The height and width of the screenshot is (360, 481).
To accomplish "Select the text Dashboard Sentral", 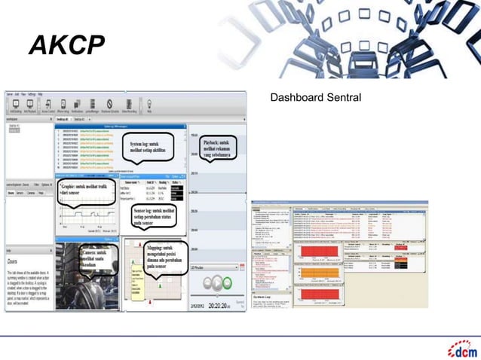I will [316, 99].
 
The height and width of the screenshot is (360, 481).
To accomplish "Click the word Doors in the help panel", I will [14, 257].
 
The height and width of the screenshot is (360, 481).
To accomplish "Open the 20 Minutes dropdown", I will [216, 268].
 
